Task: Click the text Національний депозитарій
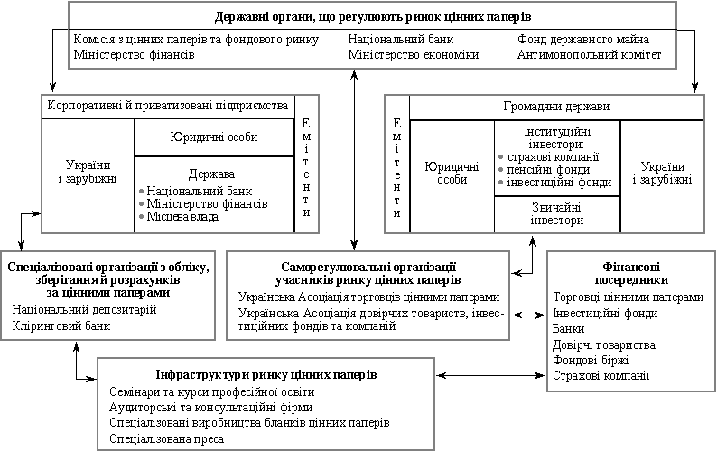click(84, 310)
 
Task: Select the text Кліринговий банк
click(61, 326)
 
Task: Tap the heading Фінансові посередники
click(631, 273)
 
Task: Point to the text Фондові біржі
click(591, 361)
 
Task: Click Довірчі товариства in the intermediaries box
click(603, 344)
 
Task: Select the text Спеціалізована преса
click(166, 439)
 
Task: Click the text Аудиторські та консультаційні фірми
click(210, 407)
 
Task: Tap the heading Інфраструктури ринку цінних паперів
click(266, 375)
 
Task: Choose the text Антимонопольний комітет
click(589, 55)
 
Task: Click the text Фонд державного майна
click(583, 40)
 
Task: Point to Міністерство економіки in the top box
click(414, 55)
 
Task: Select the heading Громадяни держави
click(556, 107)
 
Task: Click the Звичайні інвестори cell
click(557, 214)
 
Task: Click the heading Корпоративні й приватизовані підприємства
click(168, 106)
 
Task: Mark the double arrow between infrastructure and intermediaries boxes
click(490, 375)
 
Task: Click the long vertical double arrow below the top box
click(354, 160)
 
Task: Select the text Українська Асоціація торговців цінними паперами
click(368, 297)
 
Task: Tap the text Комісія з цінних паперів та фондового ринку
click(196, 40)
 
